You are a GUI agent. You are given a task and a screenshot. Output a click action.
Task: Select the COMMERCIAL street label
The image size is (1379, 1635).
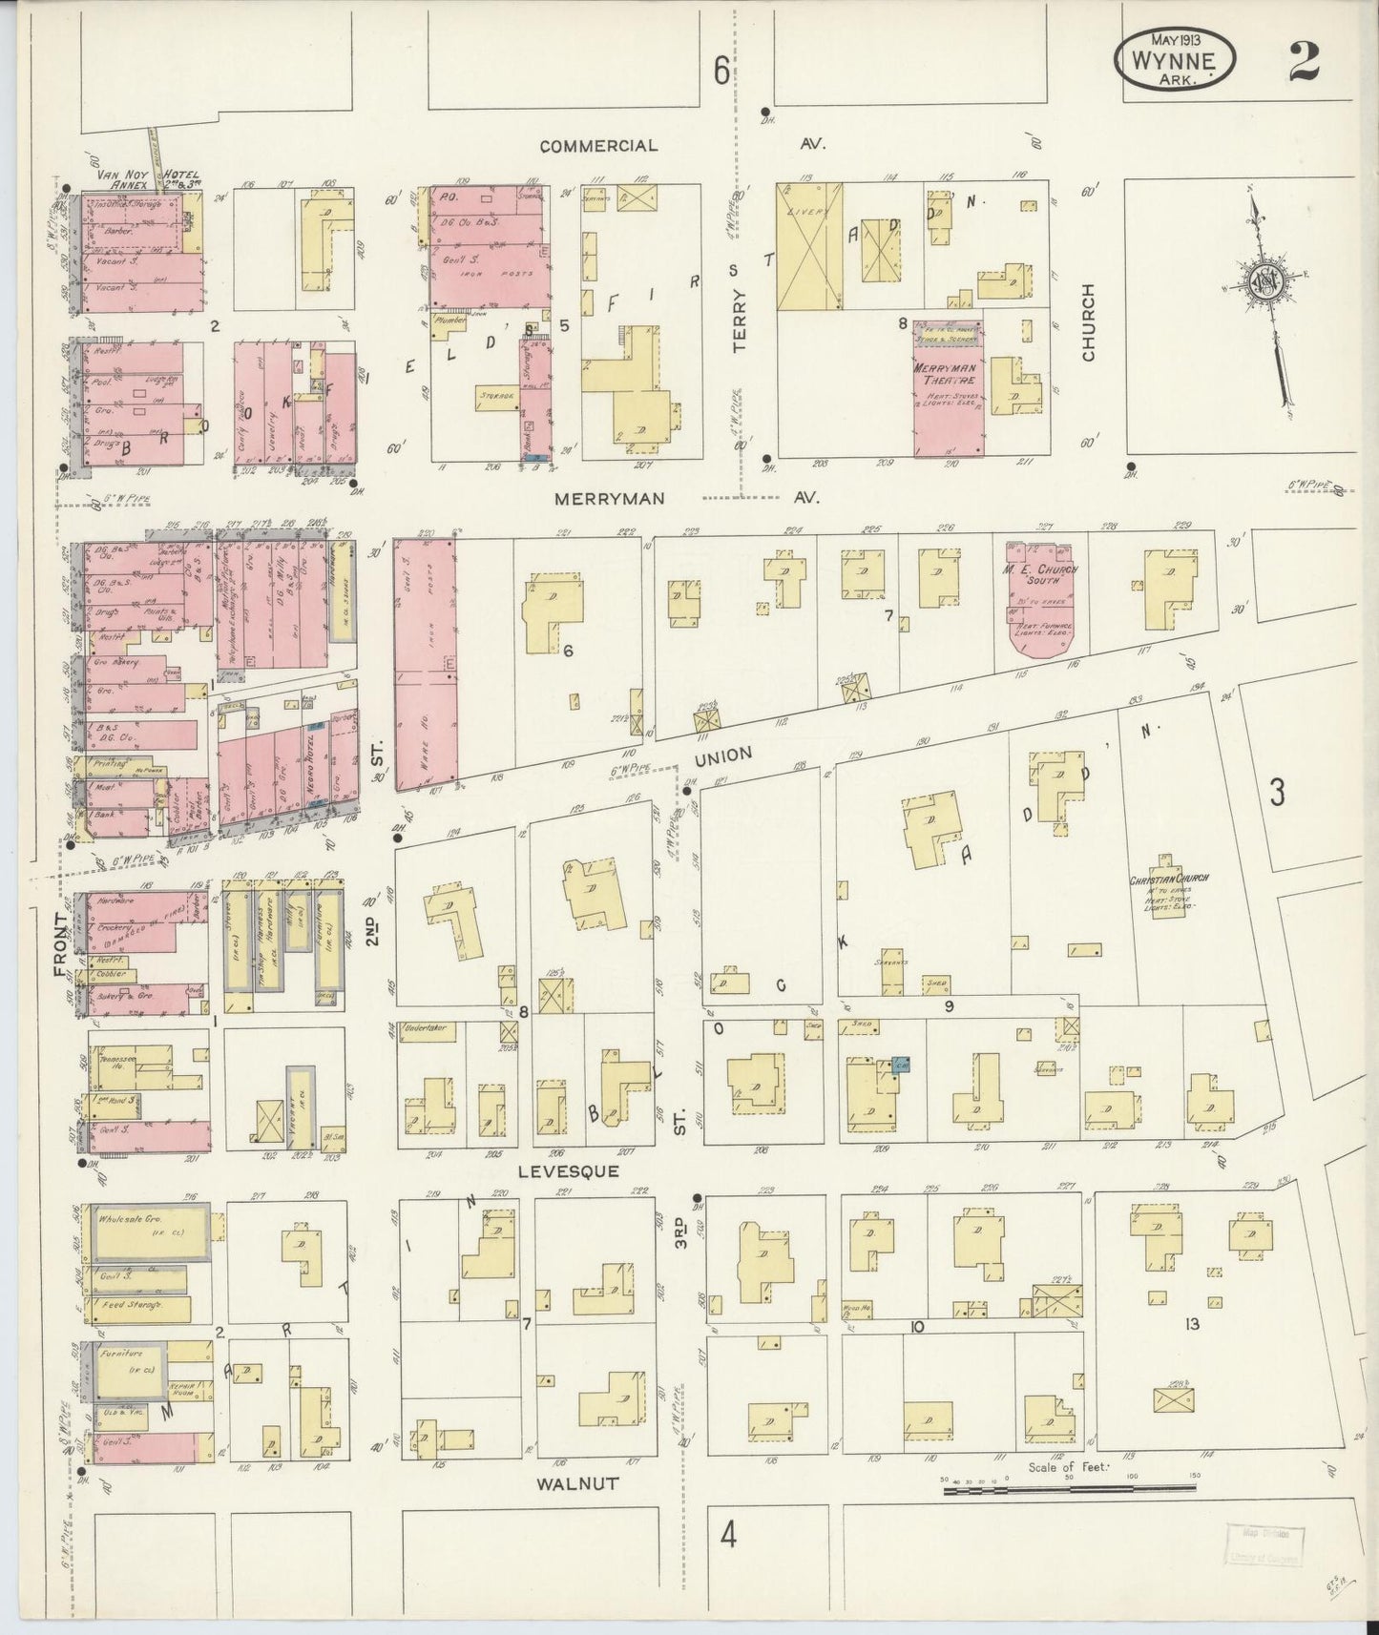[x=598, y=146]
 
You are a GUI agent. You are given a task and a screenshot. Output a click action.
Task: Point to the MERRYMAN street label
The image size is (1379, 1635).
[x=613, y=498]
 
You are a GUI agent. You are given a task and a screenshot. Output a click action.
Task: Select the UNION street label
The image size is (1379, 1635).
[x=723, y=756]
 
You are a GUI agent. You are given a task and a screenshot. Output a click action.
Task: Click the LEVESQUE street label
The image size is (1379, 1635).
[x=576, y=1170]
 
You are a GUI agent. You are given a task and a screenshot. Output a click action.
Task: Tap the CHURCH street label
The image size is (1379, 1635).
[x=1088, y=321]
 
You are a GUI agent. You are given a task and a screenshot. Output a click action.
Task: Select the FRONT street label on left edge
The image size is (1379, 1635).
[x=62, y=944]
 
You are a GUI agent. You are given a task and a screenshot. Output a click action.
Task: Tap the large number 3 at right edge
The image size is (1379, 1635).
[x=1278, y=792]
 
